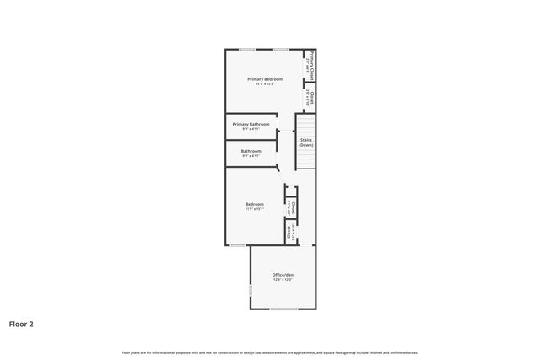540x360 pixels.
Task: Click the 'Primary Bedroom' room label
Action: click(x=265, y=79)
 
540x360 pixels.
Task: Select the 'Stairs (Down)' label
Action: click(x=306, y=142)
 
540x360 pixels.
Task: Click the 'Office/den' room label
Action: click(x=283, y=275)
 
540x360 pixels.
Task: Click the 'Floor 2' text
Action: click(x=21, y=323)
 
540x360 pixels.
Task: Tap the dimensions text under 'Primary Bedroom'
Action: click(x=265, y=83)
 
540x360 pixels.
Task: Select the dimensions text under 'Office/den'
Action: click(x=283, y=280)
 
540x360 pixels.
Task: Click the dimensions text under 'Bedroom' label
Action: click(x=255, y=209)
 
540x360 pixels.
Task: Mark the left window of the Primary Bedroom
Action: click(x=247, y=50)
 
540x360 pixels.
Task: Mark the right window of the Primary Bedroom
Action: click(x=282, y=50)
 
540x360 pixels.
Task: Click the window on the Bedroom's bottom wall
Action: click(x=238, y=245)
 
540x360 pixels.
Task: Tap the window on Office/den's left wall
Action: click(x=251, y=290)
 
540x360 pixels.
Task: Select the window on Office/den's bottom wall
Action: click(x=283, y=309)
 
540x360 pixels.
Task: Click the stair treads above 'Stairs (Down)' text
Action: click(x=305, y=126)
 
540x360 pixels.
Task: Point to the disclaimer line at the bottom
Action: click(x=269, y=352)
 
